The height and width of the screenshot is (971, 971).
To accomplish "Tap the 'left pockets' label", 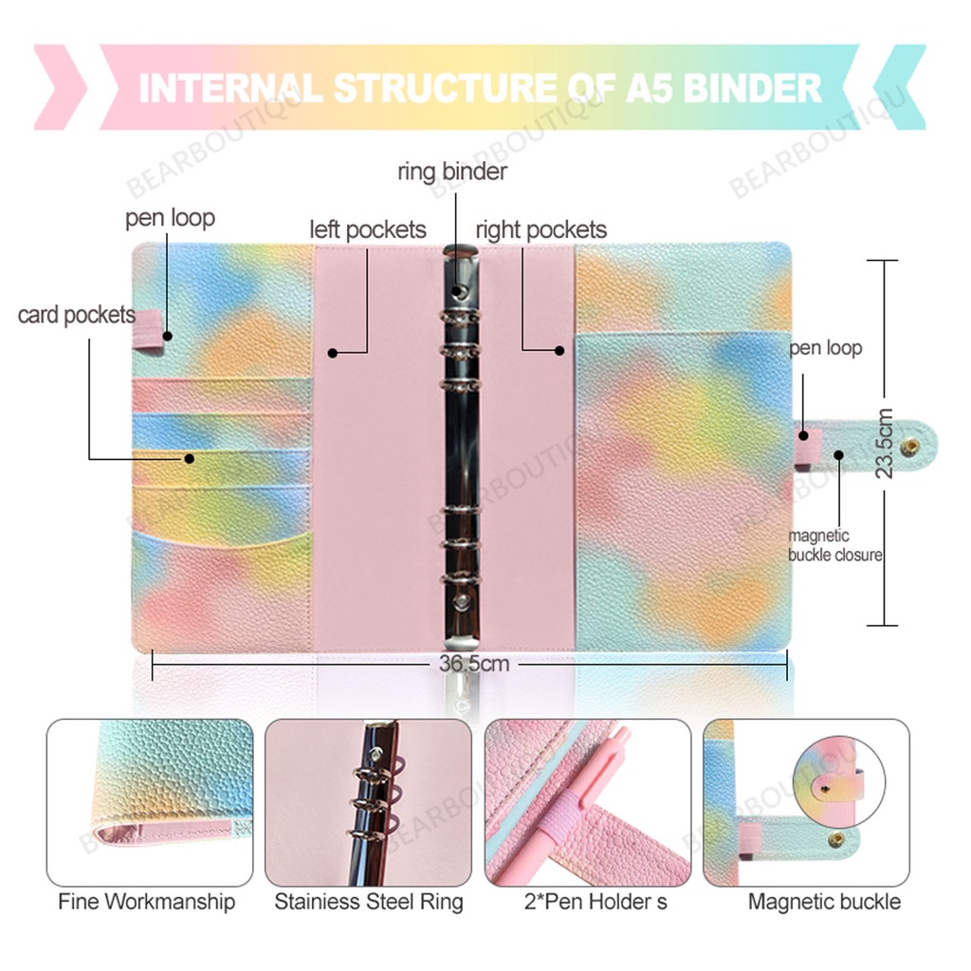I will pyautogui.click(x=368, y=229).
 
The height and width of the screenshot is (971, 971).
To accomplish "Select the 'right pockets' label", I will pyautogui.click(x=540, y=229).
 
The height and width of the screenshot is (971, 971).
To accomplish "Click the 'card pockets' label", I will pyautogui.click(x=77, y=315).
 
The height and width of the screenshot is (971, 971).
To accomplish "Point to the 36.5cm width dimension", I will pyautogui.click(x=474, y=664).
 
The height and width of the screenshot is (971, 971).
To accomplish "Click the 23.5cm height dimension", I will pyautogui.click(x=885, y=444).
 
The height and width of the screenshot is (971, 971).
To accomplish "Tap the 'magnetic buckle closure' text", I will pyautogui.click(x=834, y=545).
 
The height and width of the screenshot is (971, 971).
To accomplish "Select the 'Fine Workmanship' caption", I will pyautogui.click(x=146, y=901).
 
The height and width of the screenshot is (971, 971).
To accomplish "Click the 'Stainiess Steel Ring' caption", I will pyautogui.click(x=369, y=901).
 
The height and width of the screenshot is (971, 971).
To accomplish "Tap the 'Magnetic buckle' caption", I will pyautogui.click(x=824, y=901).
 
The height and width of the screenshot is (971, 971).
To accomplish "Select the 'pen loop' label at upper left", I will pyautogui.click(x=170, y=218).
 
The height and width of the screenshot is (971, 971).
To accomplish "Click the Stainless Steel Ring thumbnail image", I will pyautogui.click(x=368, y=802).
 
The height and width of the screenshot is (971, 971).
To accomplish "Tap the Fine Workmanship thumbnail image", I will pyautogui.click(x=150, y=802).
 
